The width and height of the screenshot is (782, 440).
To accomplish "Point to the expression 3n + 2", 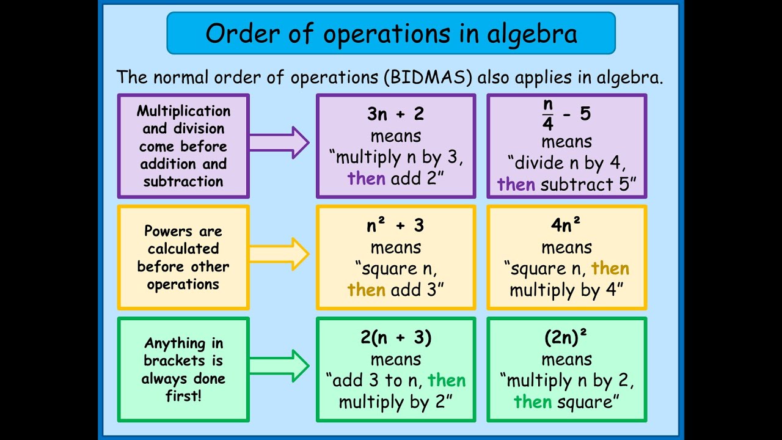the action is point(396,114).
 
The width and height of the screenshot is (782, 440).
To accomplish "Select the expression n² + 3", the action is point(396,226).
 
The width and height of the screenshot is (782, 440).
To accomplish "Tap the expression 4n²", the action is point(566,226).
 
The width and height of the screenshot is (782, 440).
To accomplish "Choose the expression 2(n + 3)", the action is point(396,337).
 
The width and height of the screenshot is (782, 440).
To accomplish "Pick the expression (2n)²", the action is point(566,337).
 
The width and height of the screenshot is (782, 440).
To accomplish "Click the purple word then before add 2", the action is point(367,178).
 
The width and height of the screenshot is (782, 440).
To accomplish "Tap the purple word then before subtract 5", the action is point(516,184).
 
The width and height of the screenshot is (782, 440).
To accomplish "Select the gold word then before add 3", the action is point(367,290).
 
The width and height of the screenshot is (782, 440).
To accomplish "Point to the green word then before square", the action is point(533,402).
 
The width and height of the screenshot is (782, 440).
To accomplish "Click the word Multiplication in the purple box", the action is point(183,111).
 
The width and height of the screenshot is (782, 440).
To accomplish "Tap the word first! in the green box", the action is point(183,396).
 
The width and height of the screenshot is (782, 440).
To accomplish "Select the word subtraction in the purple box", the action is point(183,182).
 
